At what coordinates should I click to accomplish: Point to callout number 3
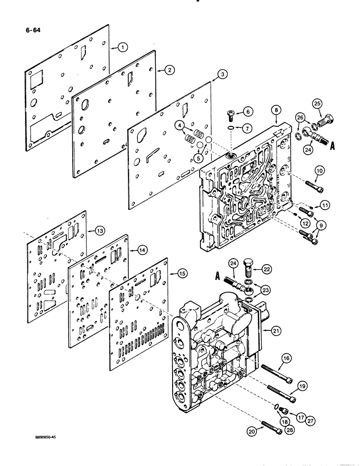(x=223, y=74)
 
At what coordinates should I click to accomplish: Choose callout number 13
(x=99, y=230)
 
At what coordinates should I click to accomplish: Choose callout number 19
(x=303, y=385)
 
